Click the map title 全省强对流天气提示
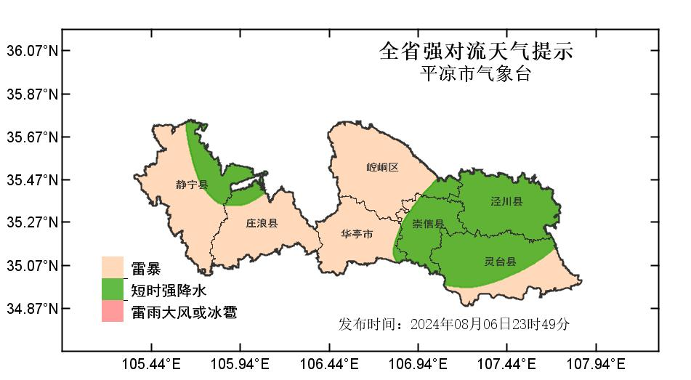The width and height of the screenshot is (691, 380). pyautogui.click(x=476, y=51)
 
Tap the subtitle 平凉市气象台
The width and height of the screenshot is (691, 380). pyautogui.click(x=476, y=74)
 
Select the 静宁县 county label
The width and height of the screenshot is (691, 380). pyautogui.click(x=192, y=185)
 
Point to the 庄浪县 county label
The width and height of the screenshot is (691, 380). pyautogui.click(x=262, y=223)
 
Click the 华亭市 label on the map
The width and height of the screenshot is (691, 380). pyautogui.click(x=357, y=234)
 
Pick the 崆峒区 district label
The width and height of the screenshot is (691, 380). pyautogui.click(x=382, y=167)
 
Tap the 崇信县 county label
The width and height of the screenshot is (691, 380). pyautogui.click(x=428, y=223)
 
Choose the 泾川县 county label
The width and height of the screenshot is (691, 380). pyautogui.click(x=506, y=201)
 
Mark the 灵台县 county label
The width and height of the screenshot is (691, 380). pyautogui.click(x=500, y=261)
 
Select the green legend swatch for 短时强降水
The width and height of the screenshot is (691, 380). pyautogui.click(x=113, y=289)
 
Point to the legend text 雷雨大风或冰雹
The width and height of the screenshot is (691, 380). pyautogui.click(x=184, y=312)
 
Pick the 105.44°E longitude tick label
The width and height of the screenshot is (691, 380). pyautogui.click(x=151, y=363)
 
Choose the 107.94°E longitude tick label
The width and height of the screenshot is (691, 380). pyautogui.click(x=596, y=363)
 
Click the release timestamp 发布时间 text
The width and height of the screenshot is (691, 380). pyautogui.click(x=454, y=324)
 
